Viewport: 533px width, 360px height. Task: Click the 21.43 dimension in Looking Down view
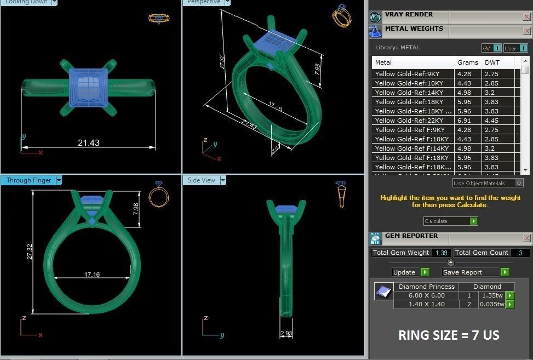(x=88, y=143)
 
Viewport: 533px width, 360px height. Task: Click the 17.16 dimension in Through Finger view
(x=92, y=274)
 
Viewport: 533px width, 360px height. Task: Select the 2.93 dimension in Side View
(x=286, y=333)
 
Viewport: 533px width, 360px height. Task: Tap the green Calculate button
(x=473, y=221)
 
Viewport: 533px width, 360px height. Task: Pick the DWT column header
(x=492, y=62)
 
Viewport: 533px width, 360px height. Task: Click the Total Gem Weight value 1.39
(x=441, y=253)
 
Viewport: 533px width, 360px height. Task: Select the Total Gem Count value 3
(x=520, y=253)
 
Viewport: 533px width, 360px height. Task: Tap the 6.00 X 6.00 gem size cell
(x=426, y=295)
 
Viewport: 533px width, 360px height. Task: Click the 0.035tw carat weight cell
(x=492, y=304)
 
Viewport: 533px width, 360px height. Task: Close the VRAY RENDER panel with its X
(x=526, y=17)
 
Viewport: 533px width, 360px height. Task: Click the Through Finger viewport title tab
(x=28, y=180)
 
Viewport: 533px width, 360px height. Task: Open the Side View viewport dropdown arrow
(x=222, y=180)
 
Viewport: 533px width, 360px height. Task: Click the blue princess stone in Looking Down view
(x=88, y=87)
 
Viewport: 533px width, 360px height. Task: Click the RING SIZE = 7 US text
(x=448, y=335)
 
